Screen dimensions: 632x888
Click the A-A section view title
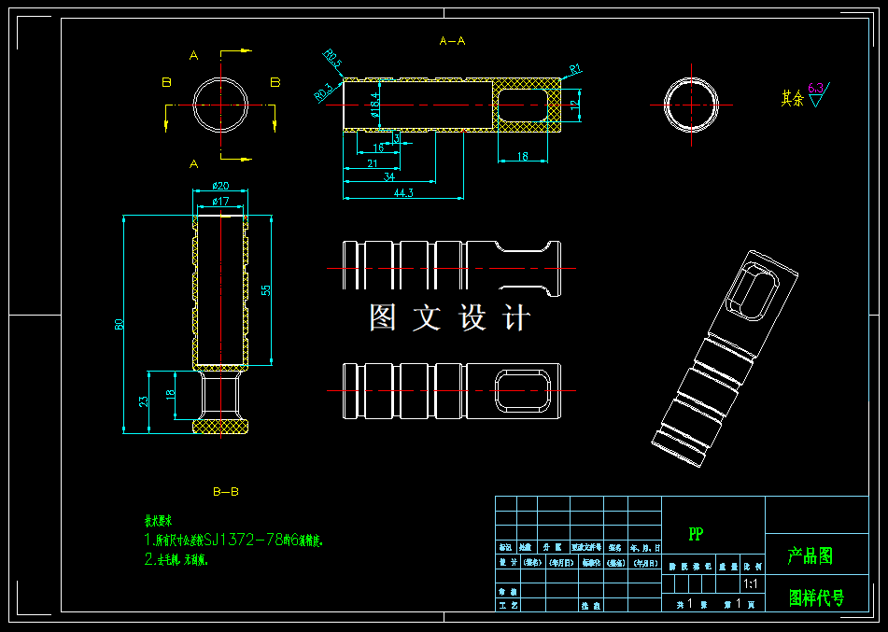[452, 41]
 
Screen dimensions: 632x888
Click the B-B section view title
[225, 491]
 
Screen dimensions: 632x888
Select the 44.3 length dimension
[403, 193]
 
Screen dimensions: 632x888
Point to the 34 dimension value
[388, 177]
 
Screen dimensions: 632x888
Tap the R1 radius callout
[575, 68]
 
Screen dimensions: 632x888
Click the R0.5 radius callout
[332, 61]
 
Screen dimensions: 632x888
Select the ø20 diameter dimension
[221, 186]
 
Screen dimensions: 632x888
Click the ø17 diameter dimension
[221, 201]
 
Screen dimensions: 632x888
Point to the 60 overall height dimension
[120, 324]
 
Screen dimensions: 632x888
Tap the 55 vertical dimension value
[265, 289]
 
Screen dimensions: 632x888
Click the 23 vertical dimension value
[144, 401]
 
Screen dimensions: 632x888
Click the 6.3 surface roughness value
[815, 89]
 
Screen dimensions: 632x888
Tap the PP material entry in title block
[696, 534]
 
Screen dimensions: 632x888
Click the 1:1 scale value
[750, 584]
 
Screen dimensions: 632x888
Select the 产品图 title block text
[810, 556]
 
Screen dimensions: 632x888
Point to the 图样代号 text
[816, 598]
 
